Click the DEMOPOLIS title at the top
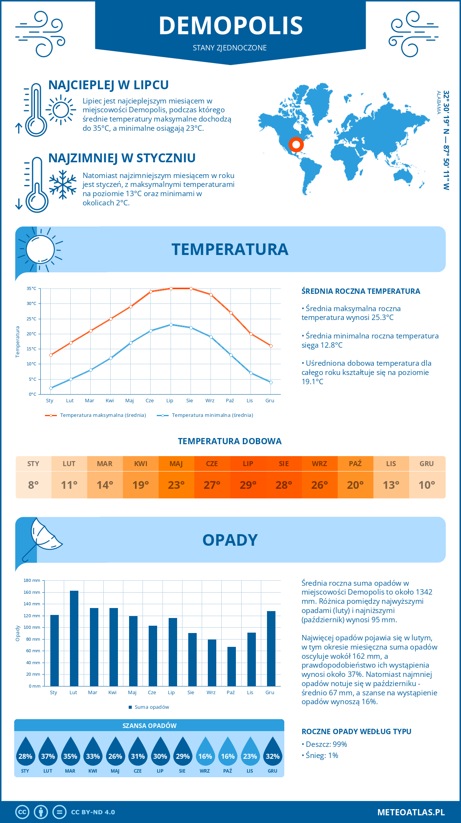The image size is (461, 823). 230,25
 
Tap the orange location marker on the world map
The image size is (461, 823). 296,145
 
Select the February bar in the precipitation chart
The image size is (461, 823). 74,638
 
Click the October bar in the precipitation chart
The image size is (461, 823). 231,666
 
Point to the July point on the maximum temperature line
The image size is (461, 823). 171,288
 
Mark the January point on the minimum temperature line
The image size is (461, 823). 51,388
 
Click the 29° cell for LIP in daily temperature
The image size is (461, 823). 248,485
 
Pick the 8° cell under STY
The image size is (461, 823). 33,485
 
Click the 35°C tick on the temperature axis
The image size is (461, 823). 32,288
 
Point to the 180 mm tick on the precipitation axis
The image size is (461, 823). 32,580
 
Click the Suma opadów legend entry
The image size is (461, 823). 151,707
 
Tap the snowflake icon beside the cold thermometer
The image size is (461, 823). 63,185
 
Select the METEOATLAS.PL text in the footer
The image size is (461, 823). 411,812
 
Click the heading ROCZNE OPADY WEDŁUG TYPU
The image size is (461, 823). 356,731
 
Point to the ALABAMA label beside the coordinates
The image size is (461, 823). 438,102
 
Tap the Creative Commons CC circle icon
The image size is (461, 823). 22,812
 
